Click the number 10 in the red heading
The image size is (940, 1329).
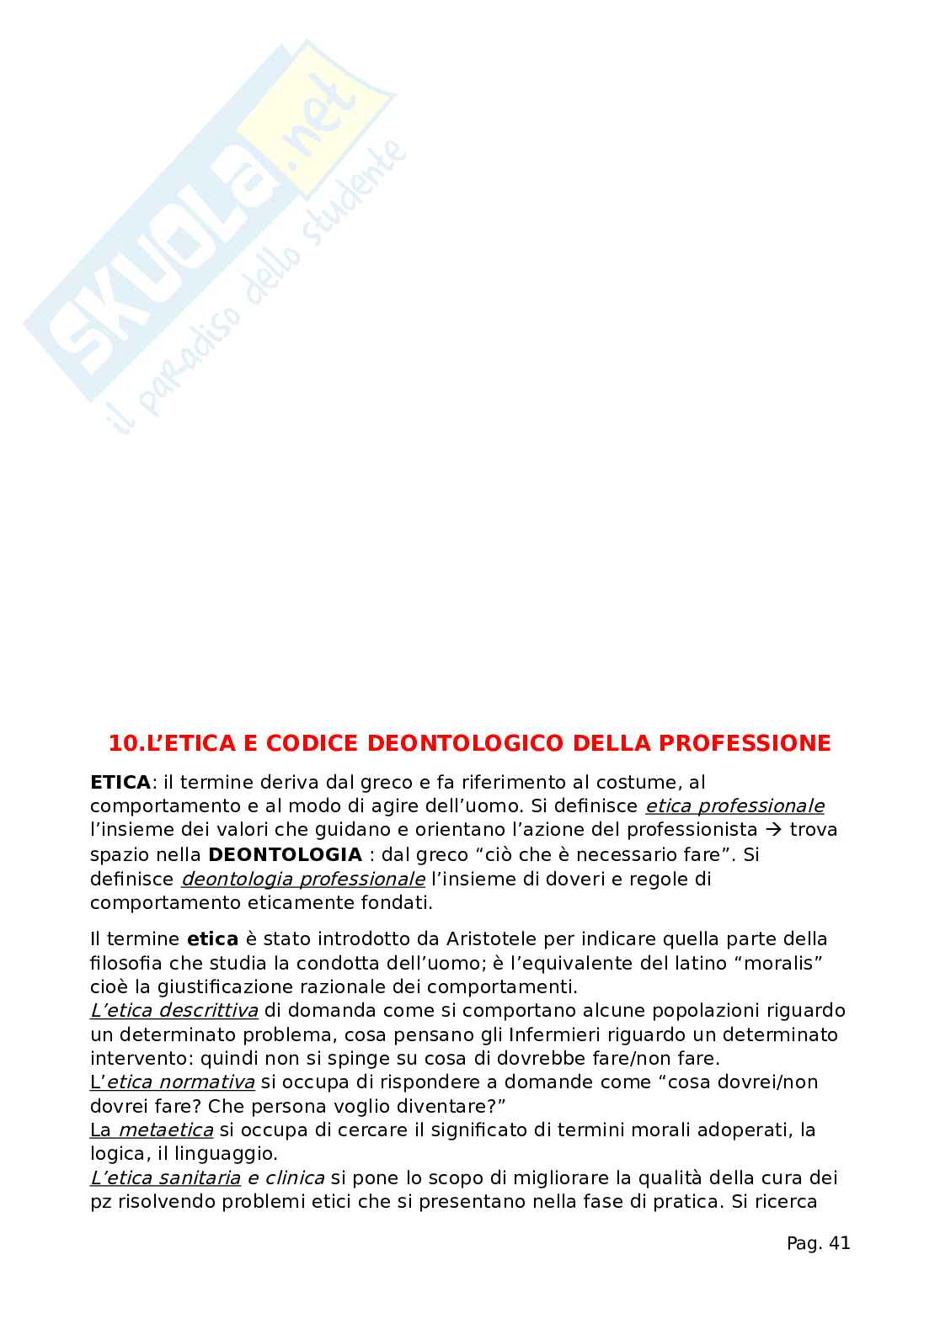pyautogui.click(x=125, y=743)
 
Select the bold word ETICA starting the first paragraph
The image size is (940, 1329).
pyautogui.click(x=120, y=782)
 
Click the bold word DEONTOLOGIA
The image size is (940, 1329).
pyautogui.click(x=285, y=854)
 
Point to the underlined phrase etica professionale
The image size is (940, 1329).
pyautogui.click(x=734, y=805)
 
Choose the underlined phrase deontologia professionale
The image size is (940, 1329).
pyautogui.click(x=303, y=879)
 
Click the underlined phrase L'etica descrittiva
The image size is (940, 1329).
pyautogui.click(x=174, y=1010)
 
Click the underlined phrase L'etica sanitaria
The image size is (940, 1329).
pyautogui.click(x=166, y=1177)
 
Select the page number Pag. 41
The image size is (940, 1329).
pyautogui.click(x=818, y=1242)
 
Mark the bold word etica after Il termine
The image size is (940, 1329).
pyautogui.click(x=212, y=938)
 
